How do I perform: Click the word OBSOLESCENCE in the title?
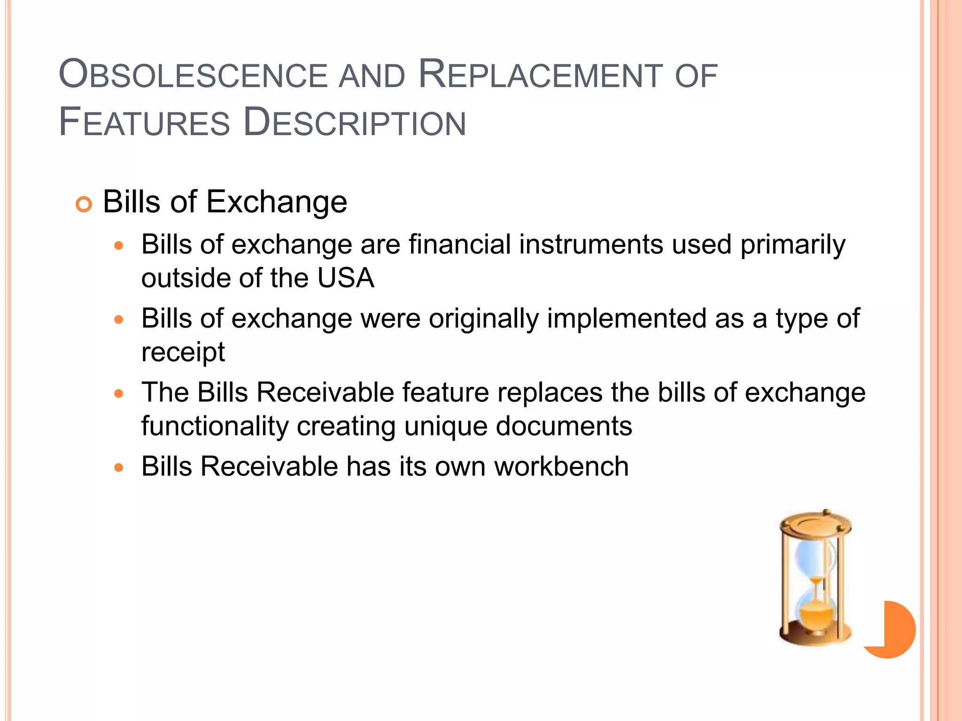(193, 75)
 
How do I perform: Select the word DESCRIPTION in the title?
(355, 123)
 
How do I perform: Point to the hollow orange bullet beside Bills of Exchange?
(84, 205)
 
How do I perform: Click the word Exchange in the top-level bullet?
(277, 202)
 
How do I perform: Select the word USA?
(346, 278)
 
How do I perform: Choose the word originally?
(484, 319)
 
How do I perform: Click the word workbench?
(561, 467)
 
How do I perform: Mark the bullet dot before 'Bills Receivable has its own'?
(119, 468)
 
